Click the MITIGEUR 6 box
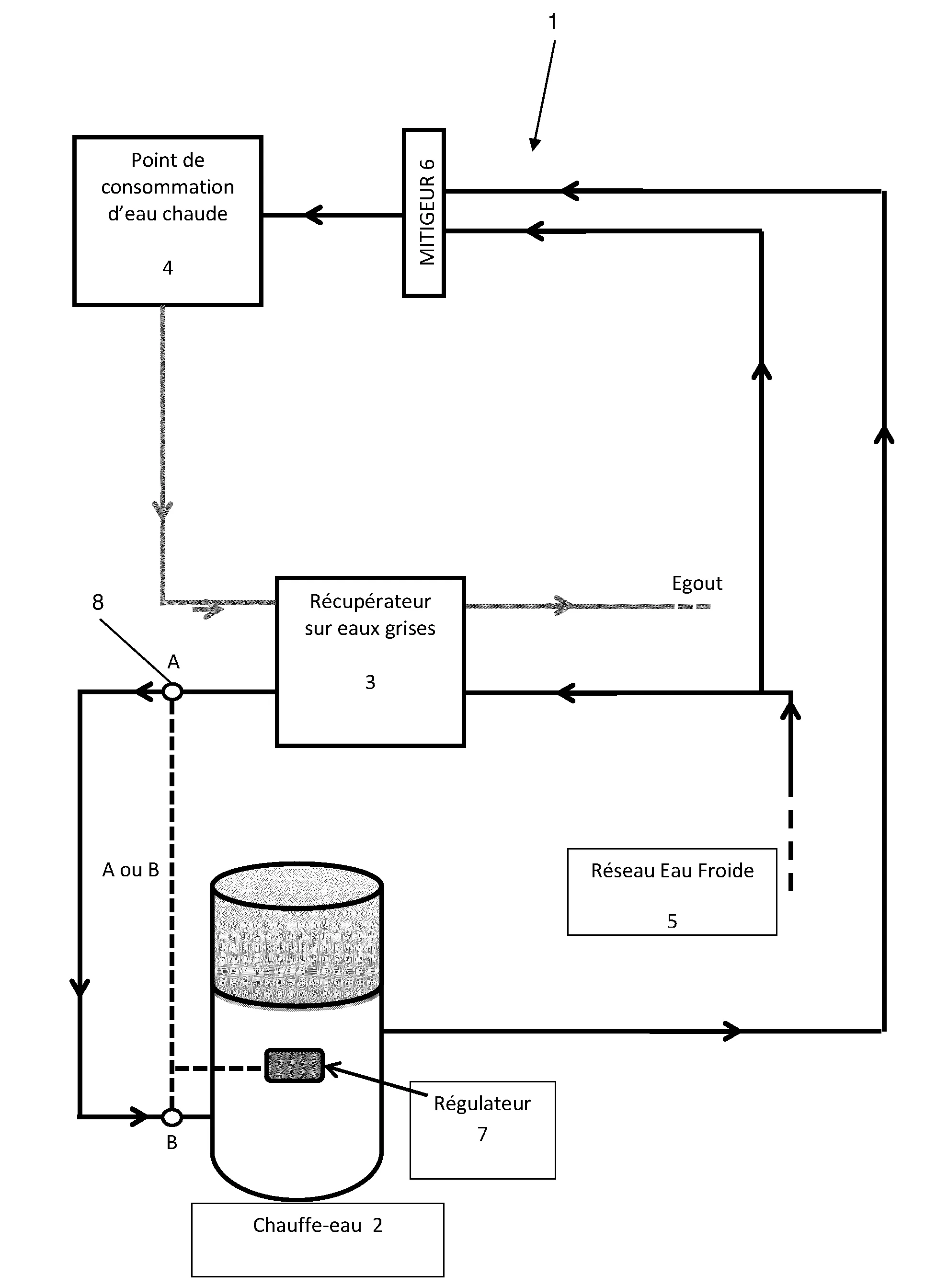point(424,213)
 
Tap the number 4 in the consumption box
point(167,268)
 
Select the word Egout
point(697,583)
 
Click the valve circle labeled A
point(172,692)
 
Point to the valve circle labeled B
point(172,1117)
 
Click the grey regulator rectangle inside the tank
point(294,1065)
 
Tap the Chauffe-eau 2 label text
point(317,1225)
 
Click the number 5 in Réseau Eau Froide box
point(672,920)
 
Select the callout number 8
point(98,602)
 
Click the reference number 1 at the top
point(553,22)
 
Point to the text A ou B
point(130,870)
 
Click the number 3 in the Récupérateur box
point(370,681)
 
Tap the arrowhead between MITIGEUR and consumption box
point(313,215)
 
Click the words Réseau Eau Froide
point(672,871)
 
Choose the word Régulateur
point(482,1103)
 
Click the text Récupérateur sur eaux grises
point(370,615)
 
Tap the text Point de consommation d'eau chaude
point(167,187)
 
